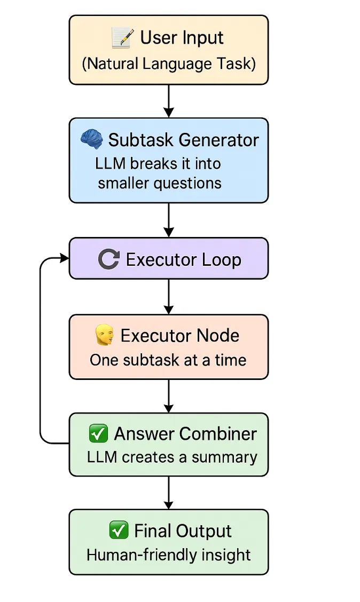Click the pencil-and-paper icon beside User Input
tap(122, 38)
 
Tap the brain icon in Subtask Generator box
tap(92, 139)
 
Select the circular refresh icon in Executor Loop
tap(109, 259)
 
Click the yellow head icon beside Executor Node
tap(104, 336)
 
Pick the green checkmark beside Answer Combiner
tap(98, 433)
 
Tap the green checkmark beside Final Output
tap(118, 530)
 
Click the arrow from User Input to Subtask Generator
tap(169, 101)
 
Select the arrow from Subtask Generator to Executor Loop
tap(169, 220)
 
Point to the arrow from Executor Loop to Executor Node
tap(169, 297)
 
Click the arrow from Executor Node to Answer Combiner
tap(169, 396)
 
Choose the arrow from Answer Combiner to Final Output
tap(169, 493)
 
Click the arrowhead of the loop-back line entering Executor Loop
tap(64, 259)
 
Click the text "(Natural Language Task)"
tap(169, 64)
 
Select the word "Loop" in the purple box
tap(221, 260)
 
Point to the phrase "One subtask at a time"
tap(168, 360)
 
